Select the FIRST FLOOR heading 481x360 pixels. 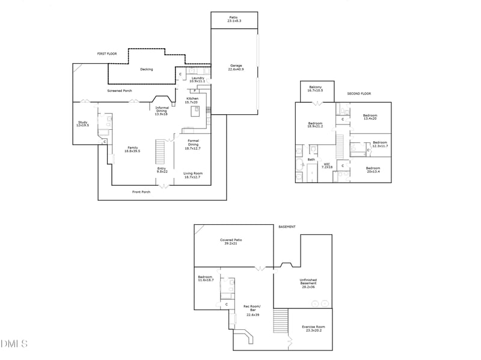107,54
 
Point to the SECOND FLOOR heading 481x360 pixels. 359,94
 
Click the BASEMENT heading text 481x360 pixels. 287,227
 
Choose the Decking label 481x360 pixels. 146,69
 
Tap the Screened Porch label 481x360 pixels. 120,91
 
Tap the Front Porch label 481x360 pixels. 141,192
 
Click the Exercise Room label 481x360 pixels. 313,328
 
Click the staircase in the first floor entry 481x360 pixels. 161,151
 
